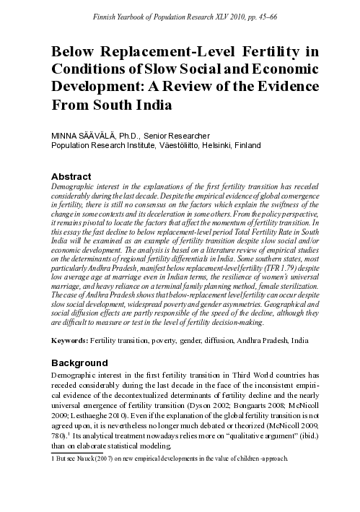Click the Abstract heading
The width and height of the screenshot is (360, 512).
click(71, 176)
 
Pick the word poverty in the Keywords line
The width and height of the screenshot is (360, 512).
click(160, 339)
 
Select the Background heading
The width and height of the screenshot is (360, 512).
click(79, 362)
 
